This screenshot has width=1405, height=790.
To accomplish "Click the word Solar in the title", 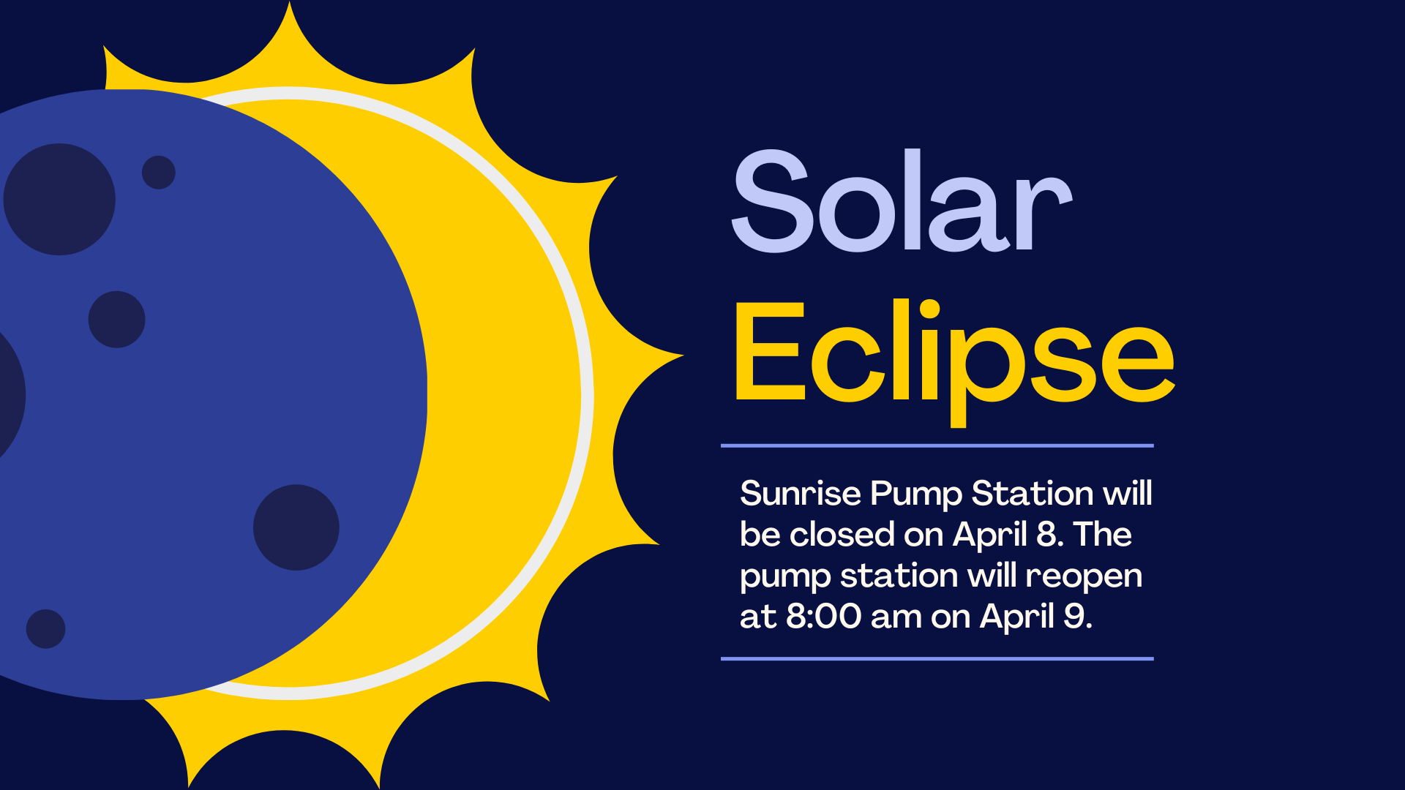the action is click(x=902, y=200).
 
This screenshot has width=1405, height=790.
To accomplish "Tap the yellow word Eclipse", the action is click(x=954, y=361).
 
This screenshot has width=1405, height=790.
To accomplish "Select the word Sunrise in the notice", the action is click(x=801, y=493).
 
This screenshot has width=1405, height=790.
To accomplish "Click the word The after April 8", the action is click(x=1102, y=534).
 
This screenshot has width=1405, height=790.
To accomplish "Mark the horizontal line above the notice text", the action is click(x=937, y=445).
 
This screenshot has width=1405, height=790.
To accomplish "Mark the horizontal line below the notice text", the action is click(x=937, y=659).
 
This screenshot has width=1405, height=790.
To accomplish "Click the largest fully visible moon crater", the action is click(x=59, y=199).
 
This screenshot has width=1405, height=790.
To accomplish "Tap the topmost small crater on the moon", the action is click(x=159, y=173).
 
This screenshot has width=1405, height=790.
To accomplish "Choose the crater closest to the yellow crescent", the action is click(x=296, y=527).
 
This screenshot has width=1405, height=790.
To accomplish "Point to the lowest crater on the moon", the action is click(x=45, y=629).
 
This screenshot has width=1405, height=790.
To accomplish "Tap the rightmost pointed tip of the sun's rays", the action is click(x=683, y=356).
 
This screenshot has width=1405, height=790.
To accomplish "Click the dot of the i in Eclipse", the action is click(x=929, y=309).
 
